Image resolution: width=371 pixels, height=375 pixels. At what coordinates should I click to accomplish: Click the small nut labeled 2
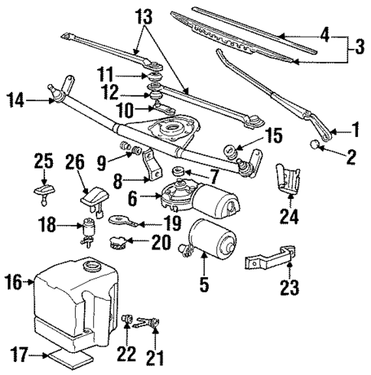(x=316, y=145)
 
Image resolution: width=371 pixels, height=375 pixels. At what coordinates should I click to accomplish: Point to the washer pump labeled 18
(x=90, y=230)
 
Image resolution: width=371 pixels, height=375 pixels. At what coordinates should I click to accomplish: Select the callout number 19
(x=172, y=223)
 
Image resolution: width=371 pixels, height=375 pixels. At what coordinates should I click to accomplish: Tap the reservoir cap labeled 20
(x=119, y=245)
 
